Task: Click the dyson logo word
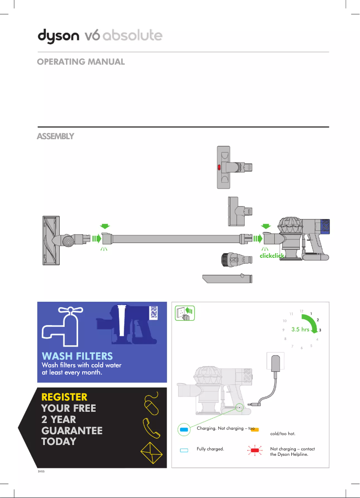58,36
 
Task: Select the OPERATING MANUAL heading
81,62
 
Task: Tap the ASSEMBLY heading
55,136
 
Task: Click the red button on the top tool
219,167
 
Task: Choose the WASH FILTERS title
77,357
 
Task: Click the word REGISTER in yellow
64,397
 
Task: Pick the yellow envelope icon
152,452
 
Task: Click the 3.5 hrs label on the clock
300,329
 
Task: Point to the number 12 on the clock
302,311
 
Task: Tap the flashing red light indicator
255,449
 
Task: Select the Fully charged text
210,449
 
